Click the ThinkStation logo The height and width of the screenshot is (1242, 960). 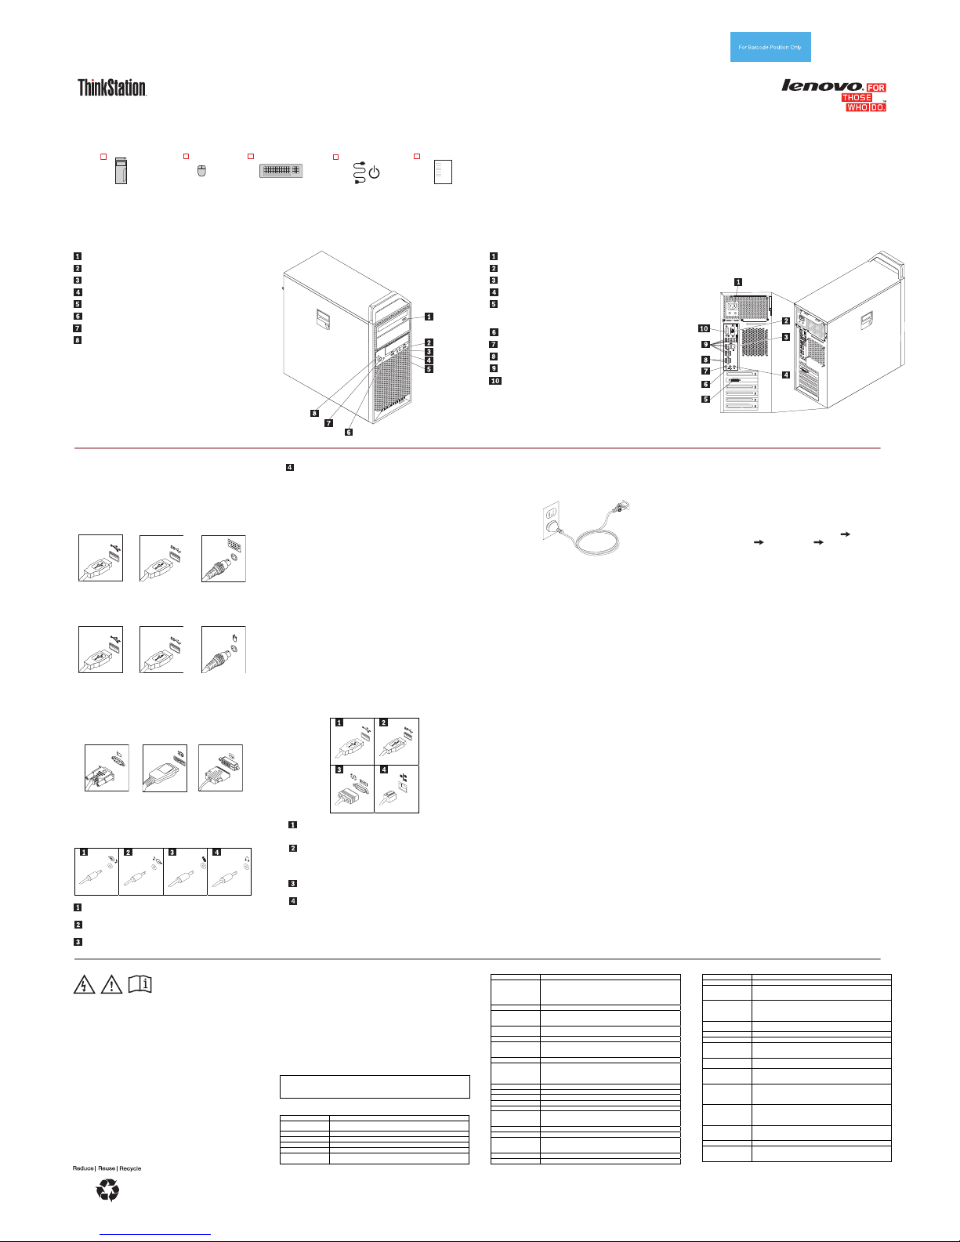coord(112,88)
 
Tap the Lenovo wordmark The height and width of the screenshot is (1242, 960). coord(822,85)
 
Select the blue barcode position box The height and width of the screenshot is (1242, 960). coord(770,47)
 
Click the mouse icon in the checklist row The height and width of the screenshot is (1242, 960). coord(201,171)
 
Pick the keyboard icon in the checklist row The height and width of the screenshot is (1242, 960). coord(281,170)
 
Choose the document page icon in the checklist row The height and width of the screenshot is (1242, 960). coord(443,172)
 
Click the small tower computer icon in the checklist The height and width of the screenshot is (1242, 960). coord(121,170)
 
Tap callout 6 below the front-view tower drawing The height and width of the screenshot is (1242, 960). coord(349,432)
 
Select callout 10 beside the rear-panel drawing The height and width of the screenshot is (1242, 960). coord(704,328)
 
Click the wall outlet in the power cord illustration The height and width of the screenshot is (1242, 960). coord(551,520)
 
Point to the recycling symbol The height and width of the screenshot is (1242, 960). coord(107,1190)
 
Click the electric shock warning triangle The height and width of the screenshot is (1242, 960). coord(84,984)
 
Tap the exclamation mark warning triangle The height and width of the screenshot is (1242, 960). coord(111,984)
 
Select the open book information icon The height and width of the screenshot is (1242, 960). coord(140,983)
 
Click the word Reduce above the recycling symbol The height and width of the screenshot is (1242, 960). coord(83,1168)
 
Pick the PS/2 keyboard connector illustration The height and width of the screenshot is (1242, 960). coord(223,559)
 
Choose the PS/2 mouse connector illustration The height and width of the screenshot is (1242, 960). coord(223,650)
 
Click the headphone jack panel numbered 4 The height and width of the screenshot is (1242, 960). coord(229,871)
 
